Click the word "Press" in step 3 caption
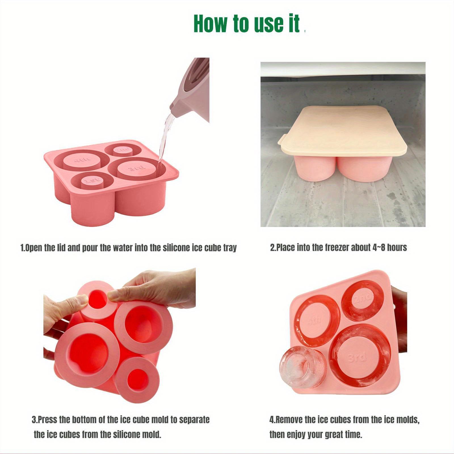click(47, 419)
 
